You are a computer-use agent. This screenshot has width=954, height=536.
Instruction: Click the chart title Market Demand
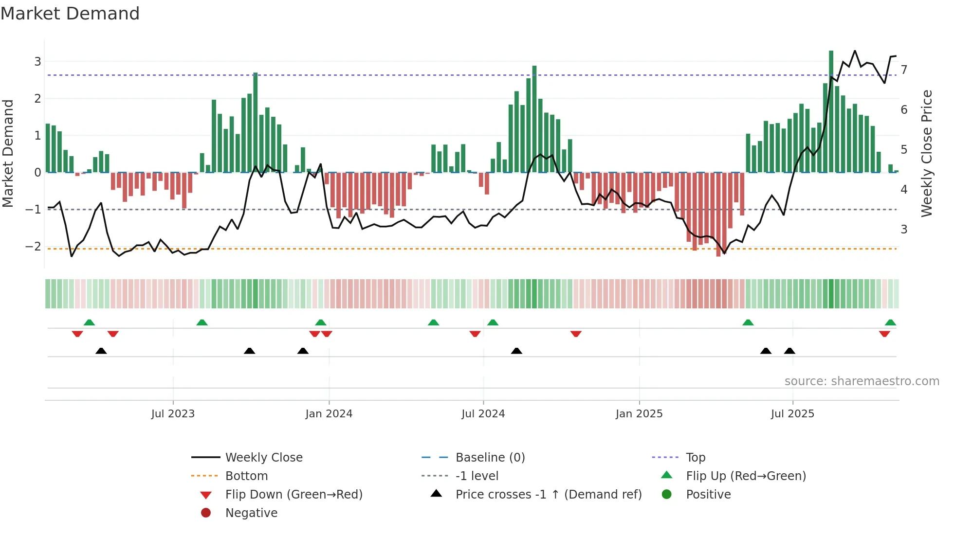pos(70,14)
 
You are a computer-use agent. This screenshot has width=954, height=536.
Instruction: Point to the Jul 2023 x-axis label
pos(173,414)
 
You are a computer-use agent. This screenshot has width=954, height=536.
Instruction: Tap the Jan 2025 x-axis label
pos(639,414)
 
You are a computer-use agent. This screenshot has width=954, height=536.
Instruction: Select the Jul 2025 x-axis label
pos(792,414)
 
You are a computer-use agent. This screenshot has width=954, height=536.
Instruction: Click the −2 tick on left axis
pos(33,246)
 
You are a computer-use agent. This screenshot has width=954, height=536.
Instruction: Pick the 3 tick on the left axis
pos(37,62)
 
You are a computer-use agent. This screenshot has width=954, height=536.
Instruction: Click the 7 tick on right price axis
pos(904,70)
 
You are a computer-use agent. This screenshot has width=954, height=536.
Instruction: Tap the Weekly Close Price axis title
pos(927,153)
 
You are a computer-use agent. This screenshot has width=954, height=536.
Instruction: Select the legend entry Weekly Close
pos(264,458)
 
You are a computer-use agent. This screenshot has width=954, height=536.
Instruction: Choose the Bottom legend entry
pos(246,476)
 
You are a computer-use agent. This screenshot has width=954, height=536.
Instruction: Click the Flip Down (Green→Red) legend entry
pos(294,495)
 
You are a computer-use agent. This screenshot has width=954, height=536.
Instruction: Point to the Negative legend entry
pos(251,513)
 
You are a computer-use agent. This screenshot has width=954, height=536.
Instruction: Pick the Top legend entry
pos(696,458)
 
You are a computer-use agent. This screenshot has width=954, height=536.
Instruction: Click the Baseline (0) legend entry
pos(490,458)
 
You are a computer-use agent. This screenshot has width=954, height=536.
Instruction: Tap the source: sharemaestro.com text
pos(862,381)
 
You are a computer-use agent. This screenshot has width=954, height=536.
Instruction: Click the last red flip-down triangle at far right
pos(884,334)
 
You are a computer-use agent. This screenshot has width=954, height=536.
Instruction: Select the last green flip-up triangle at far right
pos(890,322)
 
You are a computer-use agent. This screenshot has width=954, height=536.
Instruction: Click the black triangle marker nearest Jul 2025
pos(789,351)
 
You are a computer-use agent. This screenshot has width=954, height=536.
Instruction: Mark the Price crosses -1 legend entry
pos(549,495)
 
